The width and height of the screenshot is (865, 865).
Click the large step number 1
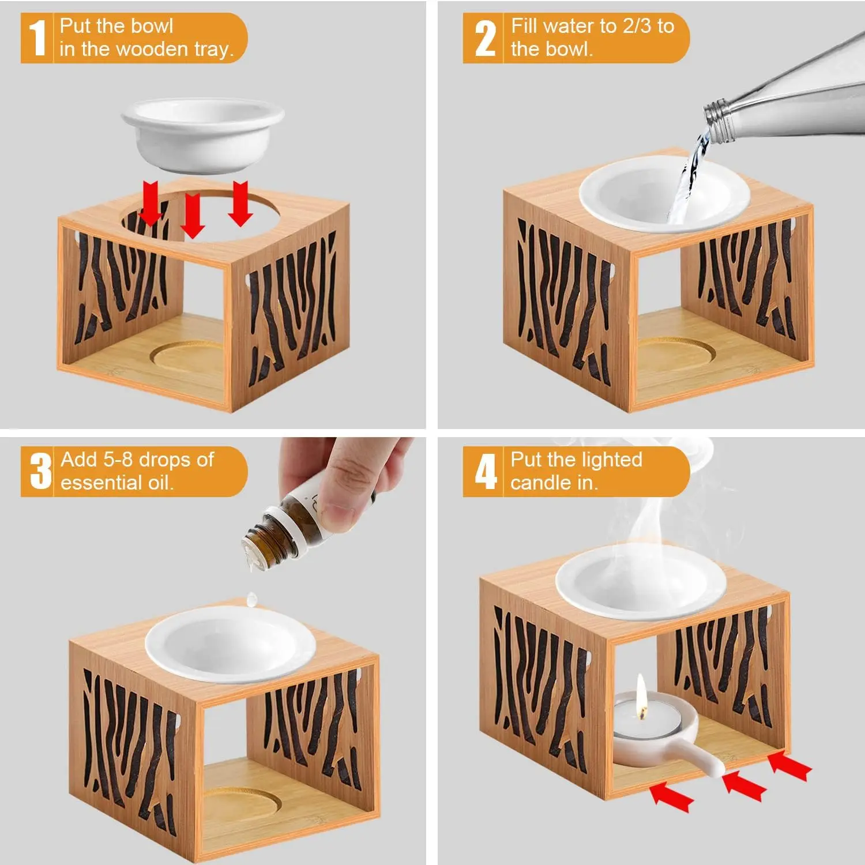pos(37,38)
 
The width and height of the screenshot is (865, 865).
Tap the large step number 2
pos(485,39)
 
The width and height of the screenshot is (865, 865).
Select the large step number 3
pos(40,471)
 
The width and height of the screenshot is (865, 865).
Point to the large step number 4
pos(486,471)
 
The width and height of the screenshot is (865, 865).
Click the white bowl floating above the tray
pos(203,134)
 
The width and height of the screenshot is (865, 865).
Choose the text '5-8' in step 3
pos(118,460)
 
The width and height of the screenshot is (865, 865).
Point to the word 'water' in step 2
pos(570,26)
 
